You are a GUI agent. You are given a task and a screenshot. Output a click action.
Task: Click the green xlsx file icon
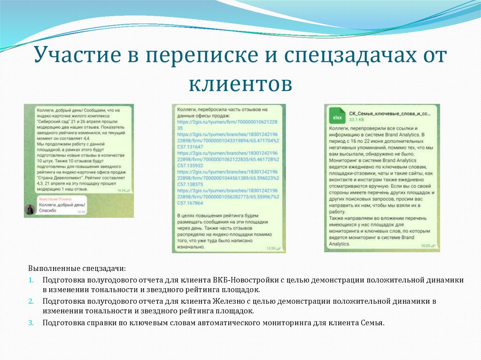336,117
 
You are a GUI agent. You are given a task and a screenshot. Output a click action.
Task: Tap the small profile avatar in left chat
30,209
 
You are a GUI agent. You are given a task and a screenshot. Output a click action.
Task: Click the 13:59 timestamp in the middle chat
271,248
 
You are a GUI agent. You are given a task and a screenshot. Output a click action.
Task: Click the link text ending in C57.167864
190,203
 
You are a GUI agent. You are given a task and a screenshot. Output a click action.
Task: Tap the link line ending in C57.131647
190,147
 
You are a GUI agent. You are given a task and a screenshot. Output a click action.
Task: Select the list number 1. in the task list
31,280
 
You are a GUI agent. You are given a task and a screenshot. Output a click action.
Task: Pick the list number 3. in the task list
31,322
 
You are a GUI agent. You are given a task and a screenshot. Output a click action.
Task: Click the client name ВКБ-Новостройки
240,280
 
